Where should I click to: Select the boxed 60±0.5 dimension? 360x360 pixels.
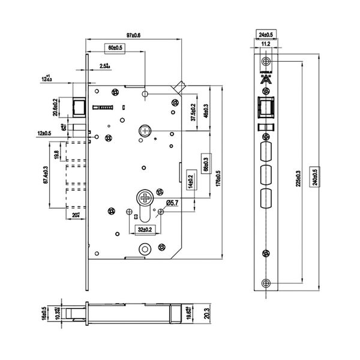pos(115,47)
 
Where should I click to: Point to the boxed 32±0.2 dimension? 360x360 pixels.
pos(145,229)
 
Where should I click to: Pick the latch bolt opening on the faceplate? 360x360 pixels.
pos(266,109)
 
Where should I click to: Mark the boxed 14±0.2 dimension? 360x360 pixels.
pos(190,180)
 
